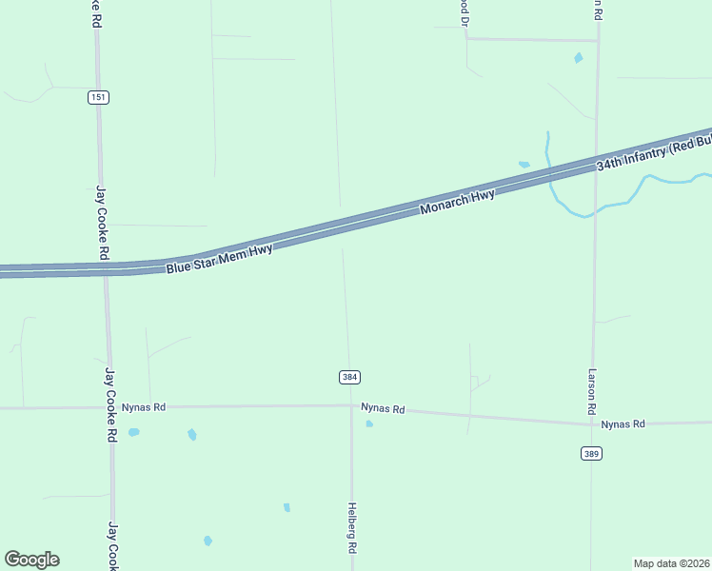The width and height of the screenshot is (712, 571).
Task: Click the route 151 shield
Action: (99, 97)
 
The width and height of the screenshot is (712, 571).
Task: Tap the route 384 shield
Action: (349, 378)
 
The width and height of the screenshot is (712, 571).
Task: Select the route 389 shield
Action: (591, 454)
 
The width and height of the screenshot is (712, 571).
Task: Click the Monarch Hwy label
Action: (458, 202)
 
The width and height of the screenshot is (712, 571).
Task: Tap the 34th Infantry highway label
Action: (653, 152)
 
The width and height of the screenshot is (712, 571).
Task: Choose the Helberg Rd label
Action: (352, 528)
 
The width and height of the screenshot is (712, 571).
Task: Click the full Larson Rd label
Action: (592, 391)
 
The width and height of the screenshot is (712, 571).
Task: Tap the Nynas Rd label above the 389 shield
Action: (623, 423)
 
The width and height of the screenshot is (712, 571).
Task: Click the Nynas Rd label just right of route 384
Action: (384, 409)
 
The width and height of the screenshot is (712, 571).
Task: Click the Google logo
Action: (31, 560)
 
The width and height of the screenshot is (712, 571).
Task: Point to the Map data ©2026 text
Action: (672, 563)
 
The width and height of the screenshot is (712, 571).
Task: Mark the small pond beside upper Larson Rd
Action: (578, 58)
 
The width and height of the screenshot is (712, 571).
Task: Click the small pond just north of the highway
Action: (524, 165)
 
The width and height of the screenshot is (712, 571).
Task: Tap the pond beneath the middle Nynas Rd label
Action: (369, 423)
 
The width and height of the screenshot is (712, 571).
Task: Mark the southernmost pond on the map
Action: (208, 541)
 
